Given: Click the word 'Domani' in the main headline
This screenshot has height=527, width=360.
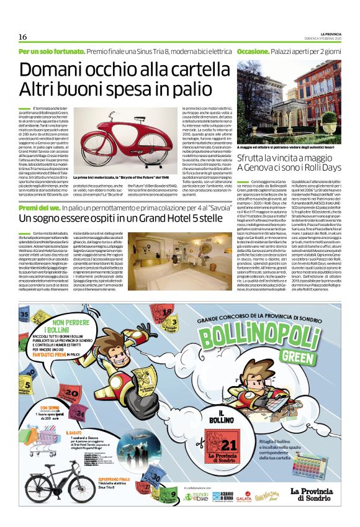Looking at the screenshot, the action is (52, 70).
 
